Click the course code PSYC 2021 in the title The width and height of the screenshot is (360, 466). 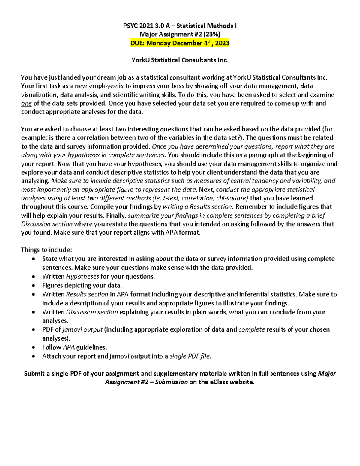(139, 26)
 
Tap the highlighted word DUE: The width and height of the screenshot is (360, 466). (137, 43)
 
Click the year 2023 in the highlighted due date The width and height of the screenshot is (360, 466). (222, 43)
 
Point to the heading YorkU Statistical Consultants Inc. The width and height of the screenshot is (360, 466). (180, 60)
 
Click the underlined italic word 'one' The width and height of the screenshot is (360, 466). (26, 104)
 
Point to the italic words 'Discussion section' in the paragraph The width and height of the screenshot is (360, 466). (47, 224)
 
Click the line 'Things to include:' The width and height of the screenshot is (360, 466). (46, 250)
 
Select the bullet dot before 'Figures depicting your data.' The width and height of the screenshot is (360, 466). (34, 286)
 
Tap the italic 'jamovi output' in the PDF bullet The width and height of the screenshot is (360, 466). (82, 330)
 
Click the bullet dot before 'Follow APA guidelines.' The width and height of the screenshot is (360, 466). (34, 347)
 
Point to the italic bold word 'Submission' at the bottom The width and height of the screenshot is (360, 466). (171, 382)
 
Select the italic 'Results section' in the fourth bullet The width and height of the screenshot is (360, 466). (87, 294)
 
